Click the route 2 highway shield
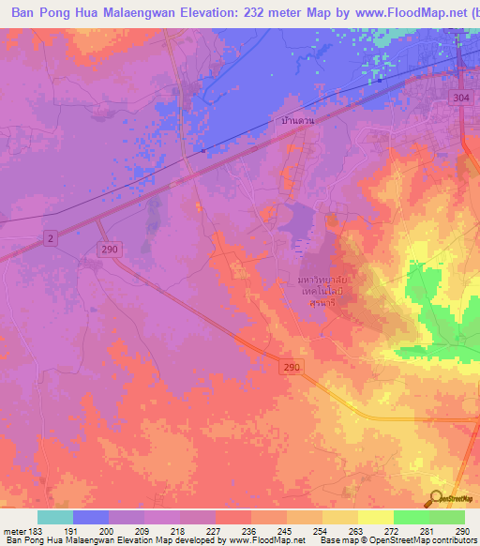coord(50,239)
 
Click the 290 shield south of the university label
coord(292,370)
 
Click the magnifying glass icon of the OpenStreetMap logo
coord(435,497)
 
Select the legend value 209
coord(143,531)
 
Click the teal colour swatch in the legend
coord(54,517)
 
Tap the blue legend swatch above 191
coord(90,517)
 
